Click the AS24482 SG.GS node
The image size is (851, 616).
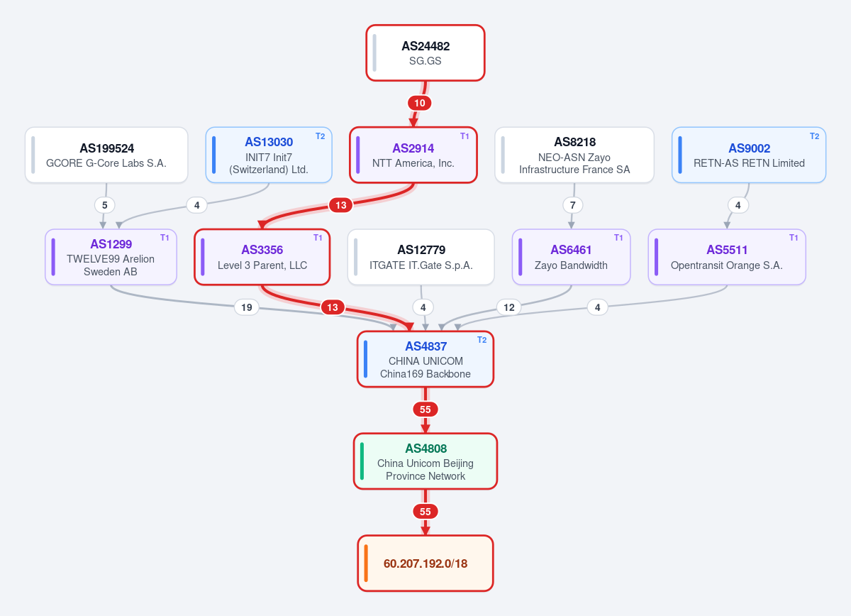pos(425,53)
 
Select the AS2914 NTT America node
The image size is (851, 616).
pos(413,155)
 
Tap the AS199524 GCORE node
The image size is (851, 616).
pos(106,155)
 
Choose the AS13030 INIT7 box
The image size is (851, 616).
pos(269,155)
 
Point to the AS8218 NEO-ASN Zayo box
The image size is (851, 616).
pos(574,155)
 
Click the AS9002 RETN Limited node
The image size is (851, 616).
pos(749,155)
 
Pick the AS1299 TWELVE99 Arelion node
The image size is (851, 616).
pos(111,257)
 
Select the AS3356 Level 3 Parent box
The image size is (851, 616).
pos(262,257)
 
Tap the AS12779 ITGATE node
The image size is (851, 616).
pos(421,257)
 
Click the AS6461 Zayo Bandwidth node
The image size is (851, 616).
pos(572,257)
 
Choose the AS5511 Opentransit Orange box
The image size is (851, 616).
pos(727,257)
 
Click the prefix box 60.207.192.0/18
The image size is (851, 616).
pos(425,563)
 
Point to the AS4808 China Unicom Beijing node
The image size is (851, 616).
pos(425,461)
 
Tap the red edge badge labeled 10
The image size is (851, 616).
pos(419,103)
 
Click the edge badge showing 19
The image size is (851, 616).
pos(247,307)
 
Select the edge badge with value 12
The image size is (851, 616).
pos(509,307)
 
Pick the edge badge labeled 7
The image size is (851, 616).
pos(572,205)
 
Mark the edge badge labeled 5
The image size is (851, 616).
pos(104,205)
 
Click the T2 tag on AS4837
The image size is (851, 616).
pos(482,340)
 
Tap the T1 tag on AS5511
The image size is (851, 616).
pos(794,238)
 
